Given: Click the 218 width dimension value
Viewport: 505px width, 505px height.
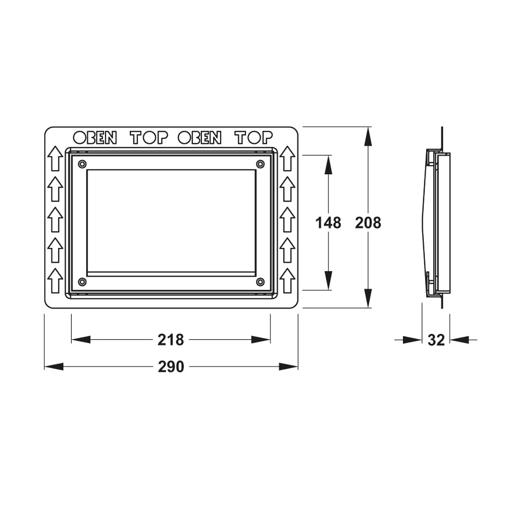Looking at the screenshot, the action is (170, 340).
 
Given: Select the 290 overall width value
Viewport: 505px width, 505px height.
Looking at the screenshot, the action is (171, 367).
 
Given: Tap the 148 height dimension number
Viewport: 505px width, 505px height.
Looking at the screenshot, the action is (328, 223).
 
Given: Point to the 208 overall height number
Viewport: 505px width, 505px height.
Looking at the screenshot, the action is (368, 223).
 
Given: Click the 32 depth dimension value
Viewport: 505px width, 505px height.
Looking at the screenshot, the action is (436, 340).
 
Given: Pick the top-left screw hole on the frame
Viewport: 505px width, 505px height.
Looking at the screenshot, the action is (82, 164).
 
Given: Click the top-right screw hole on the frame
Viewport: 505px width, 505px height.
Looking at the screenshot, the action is (260, 164).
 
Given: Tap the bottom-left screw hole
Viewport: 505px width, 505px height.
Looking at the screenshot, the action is (82, 282).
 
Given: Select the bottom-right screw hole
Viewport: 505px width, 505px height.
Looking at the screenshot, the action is (260, 282).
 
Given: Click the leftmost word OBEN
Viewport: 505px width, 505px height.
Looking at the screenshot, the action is (95, 138).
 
